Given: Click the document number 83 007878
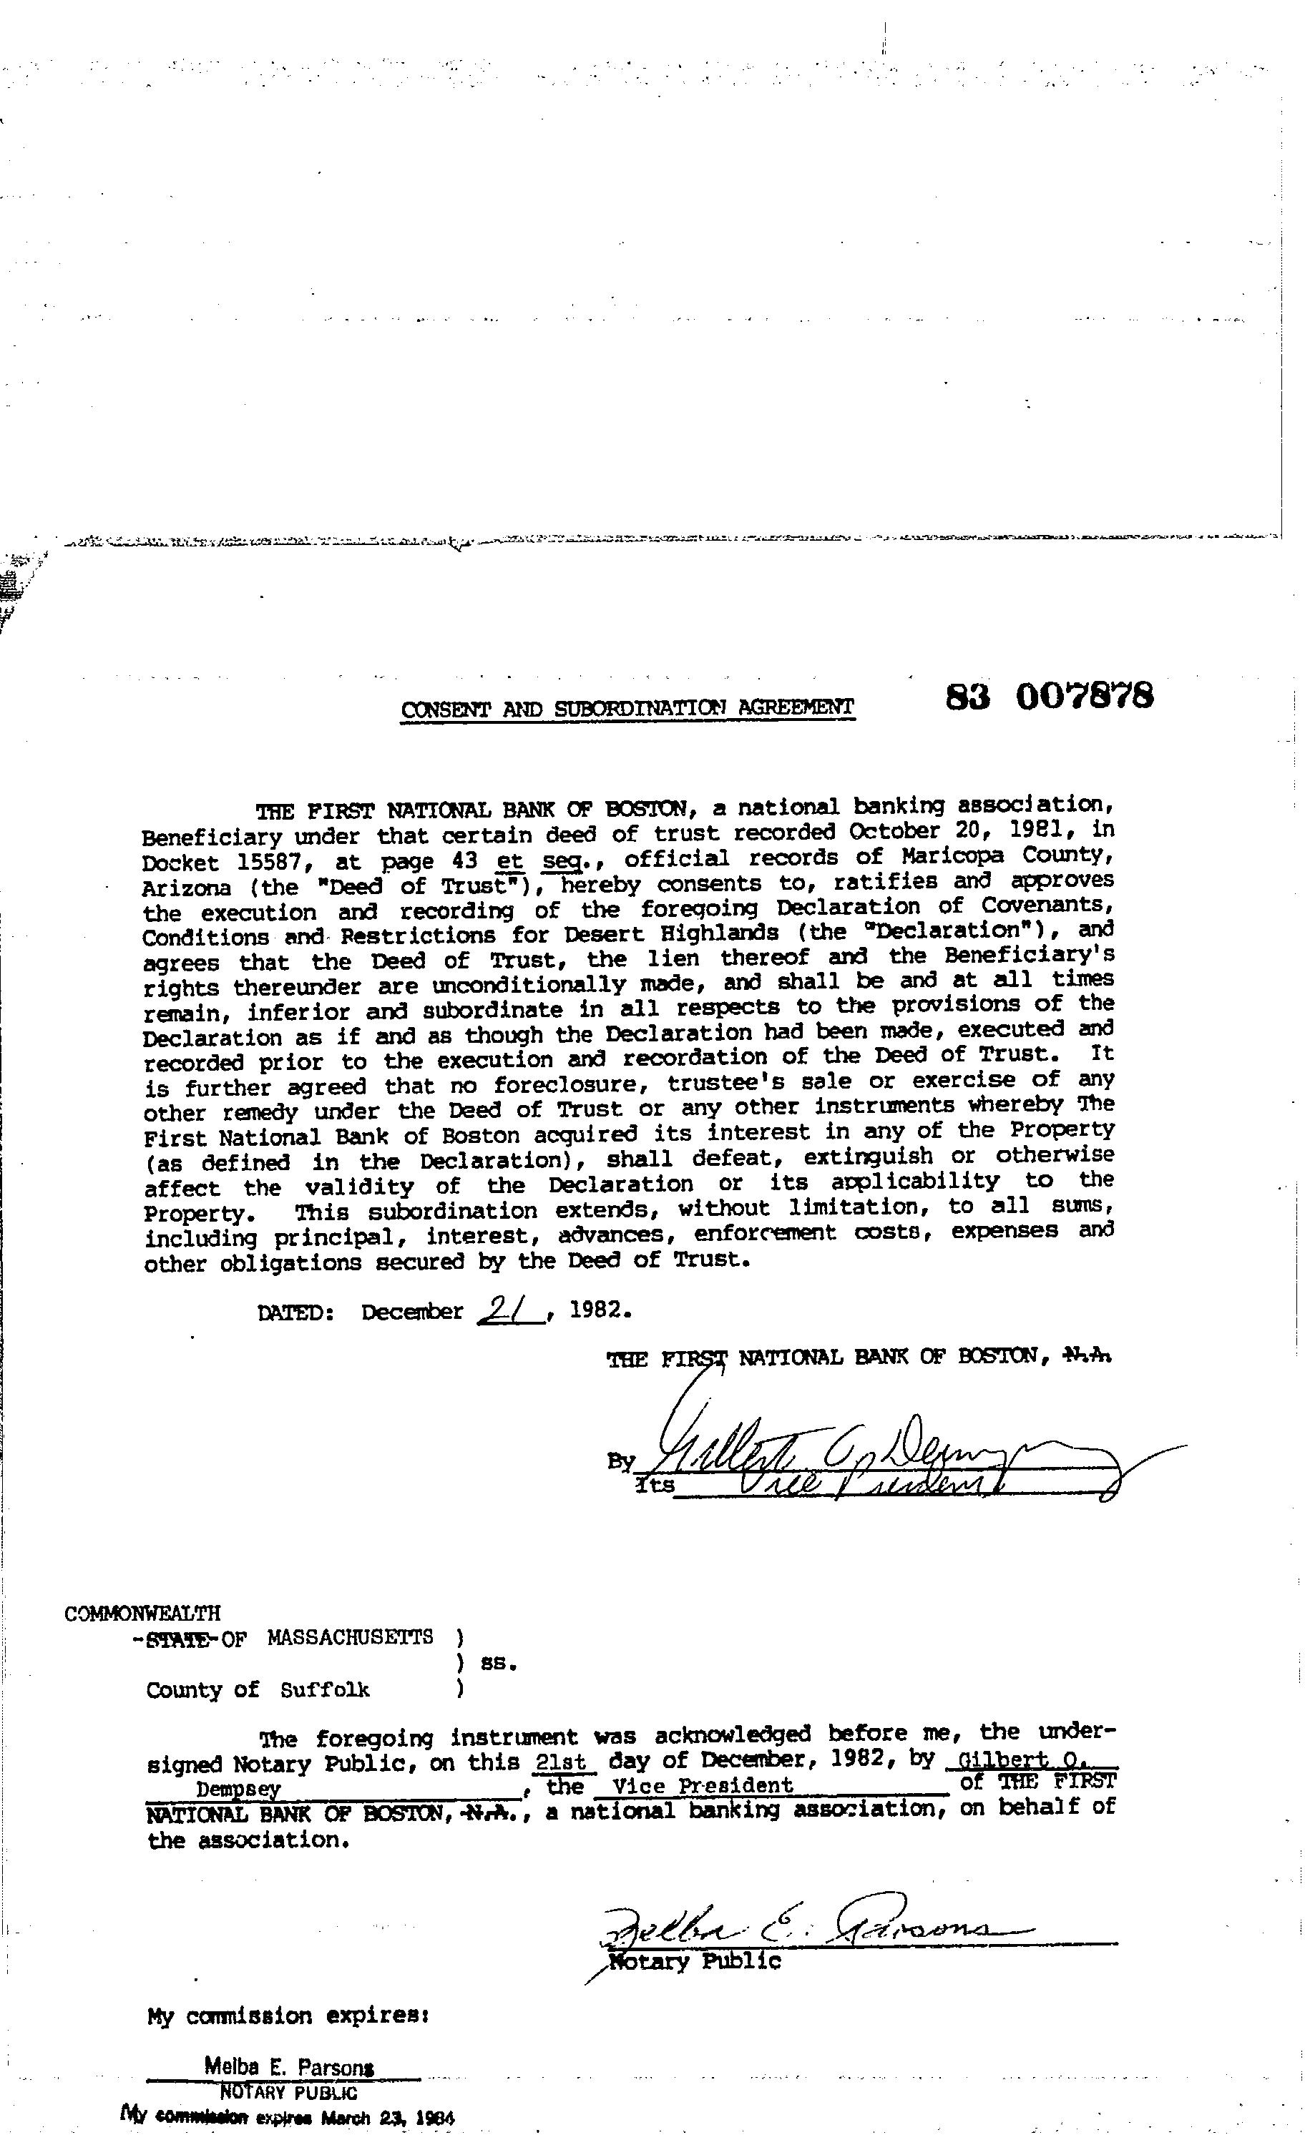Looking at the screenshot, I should point(1049,697).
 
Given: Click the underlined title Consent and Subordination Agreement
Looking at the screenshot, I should point(627,709).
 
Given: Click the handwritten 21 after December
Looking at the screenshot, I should point(510,1309).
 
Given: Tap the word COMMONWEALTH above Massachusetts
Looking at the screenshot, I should point(142,1613).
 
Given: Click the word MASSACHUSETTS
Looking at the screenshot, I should point(350,1638).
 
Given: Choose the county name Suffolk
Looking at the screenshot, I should point(325,1689).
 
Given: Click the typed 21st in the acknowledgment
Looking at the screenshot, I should point(564,1763).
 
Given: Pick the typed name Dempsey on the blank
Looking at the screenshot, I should point(238,1790).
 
